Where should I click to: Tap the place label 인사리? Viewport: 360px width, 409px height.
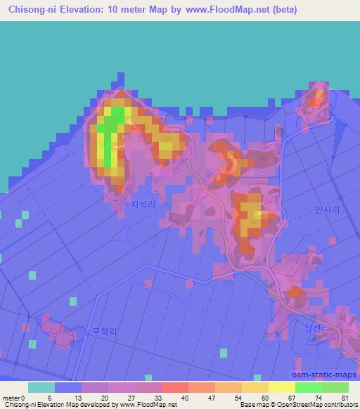[x=327, y=209]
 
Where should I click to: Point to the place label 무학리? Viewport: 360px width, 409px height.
[x=104, y=331]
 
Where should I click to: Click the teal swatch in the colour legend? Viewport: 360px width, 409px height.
[x=41, y=387]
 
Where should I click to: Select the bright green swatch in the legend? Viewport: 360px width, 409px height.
[x=308, y=387]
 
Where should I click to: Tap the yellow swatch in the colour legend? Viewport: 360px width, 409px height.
[x=281, y=387]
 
